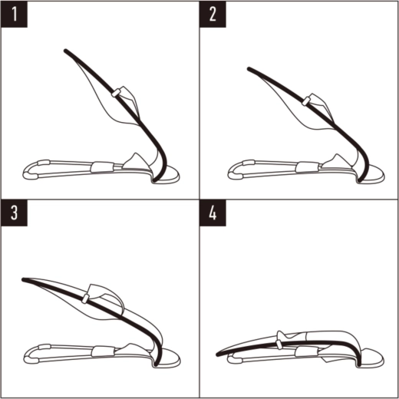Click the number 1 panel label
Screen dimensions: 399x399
(x=14, y=14)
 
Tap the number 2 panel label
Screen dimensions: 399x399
(x=213, y=14)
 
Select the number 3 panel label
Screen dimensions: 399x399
(x=14, y=213)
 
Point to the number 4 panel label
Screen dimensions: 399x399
(x=213, y=213)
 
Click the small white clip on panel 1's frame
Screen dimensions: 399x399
(x=116, y=93)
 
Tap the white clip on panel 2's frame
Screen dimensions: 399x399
(x=306, y=101)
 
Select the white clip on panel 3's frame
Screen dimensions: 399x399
(x=85, y=298)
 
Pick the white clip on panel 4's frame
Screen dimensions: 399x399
(x=279, y=344)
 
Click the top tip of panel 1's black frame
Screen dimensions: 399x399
(x=65, y=51)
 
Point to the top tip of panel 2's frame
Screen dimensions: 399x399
(x=249, y=69)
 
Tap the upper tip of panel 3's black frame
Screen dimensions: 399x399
(x=24, y=279)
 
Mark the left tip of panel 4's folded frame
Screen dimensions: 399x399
(x=218, y=354)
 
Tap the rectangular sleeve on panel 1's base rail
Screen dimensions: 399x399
(x=102, y=167)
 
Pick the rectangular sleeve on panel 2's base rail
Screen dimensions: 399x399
(x=306, y=167)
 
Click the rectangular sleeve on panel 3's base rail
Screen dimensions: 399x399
(x=103, y=351)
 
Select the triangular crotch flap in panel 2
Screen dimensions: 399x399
(x=336, y=162)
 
